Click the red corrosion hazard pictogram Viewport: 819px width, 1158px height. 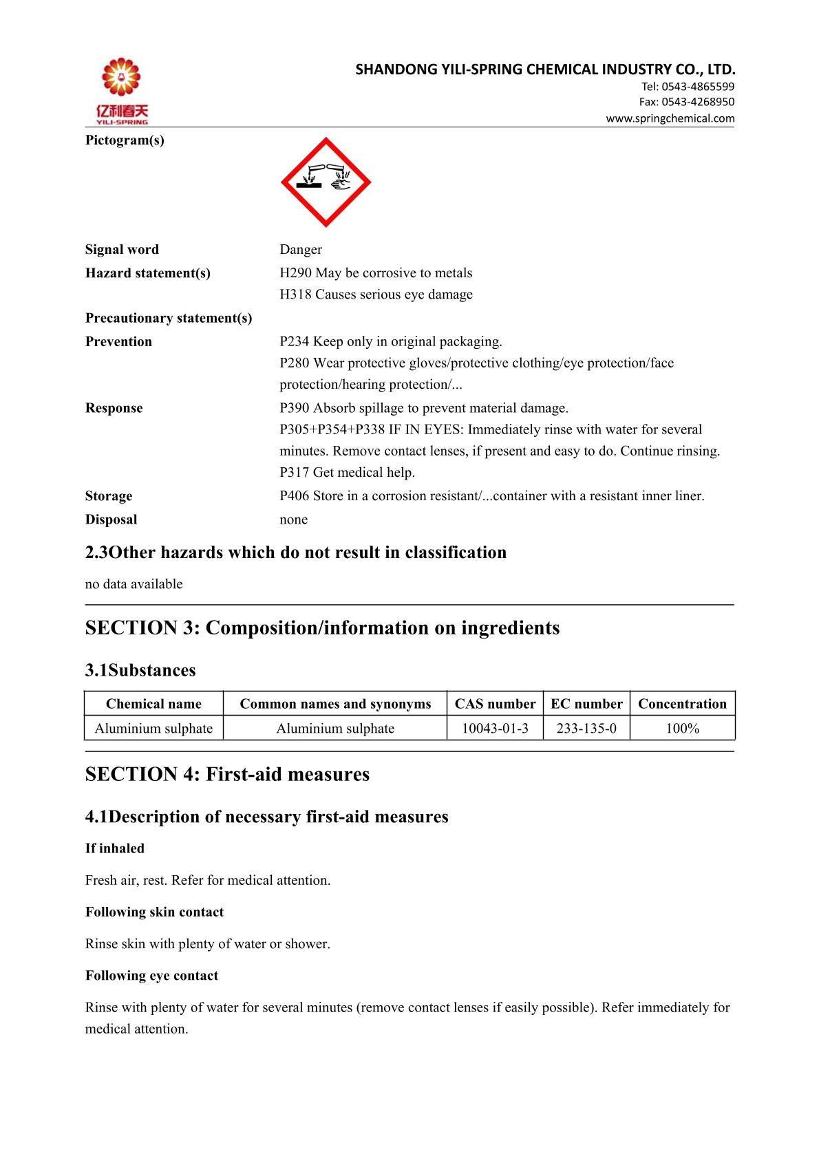coord(326,182)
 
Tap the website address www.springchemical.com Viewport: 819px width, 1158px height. coord(670,118)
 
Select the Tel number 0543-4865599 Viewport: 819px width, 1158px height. coord(698,87)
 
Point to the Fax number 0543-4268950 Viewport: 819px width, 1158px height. coord(698,102)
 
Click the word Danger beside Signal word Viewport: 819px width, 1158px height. coord(301,250)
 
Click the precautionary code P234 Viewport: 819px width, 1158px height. coord(295,342)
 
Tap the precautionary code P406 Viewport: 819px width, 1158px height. coord(295,496)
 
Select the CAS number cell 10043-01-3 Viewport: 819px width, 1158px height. coord(495,728)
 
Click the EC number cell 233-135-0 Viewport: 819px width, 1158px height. coord(586,728)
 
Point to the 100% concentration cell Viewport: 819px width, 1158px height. coord(682,728)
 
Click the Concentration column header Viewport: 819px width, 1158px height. coord(682,704)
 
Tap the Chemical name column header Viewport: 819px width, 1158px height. coord(153,704)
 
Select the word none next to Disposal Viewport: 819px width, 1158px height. coord(294,519)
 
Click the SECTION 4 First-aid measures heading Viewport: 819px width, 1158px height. coord(227,775)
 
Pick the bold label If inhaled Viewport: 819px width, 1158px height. coord(115,848)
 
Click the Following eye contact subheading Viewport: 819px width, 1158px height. coord(151,976)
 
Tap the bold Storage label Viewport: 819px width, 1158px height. coord(109,496)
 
